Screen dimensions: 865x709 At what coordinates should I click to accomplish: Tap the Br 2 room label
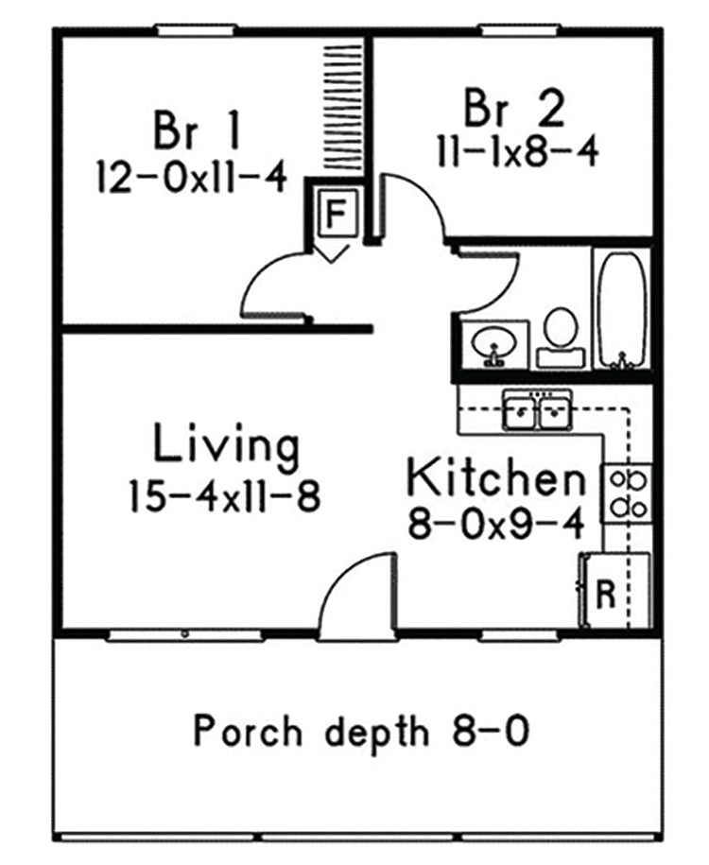[515, 109]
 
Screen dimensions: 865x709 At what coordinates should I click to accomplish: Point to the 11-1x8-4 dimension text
[516, 151]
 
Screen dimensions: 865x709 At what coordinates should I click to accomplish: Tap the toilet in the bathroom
[561, 337]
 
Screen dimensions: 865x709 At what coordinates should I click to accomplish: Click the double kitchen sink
[537, 410]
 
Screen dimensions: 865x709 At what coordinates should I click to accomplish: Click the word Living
[227, 445]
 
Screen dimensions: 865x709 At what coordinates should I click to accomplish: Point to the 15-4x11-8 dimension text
[225, 496]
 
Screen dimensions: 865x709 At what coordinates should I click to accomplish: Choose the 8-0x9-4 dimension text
[494, 523]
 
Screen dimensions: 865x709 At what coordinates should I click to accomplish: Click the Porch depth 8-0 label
[359, 731]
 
